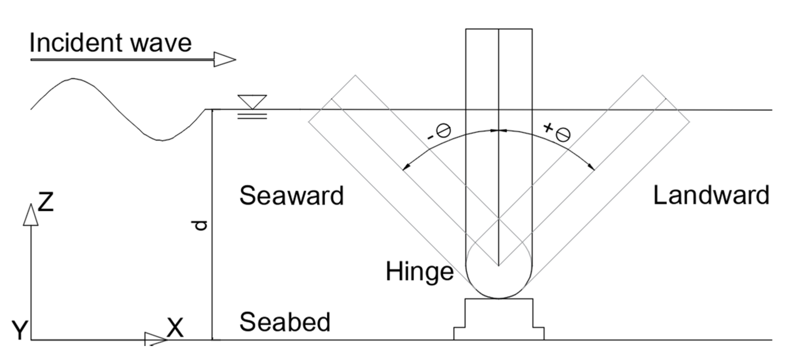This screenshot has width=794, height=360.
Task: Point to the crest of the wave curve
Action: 73,79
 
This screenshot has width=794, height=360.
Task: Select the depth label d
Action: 200,225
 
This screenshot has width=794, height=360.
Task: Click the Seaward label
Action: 291,196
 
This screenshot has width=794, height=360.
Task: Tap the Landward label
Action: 711,195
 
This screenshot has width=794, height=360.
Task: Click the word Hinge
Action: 419,271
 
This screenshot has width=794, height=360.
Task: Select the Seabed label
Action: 285,322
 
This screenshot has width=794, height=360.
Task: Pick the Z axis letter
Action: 46,202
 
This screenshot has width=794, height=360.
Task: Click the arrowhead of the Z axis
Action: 31,215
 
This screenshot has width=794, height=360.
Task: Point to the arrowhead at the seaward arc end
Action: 405,167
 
